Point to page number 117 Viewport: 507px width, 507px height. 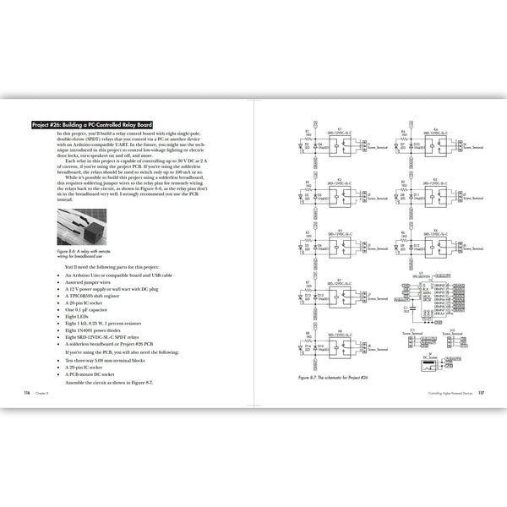[x=479, y=392]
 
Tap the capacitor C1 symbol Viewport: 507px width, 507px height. [x=406, y=312]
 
